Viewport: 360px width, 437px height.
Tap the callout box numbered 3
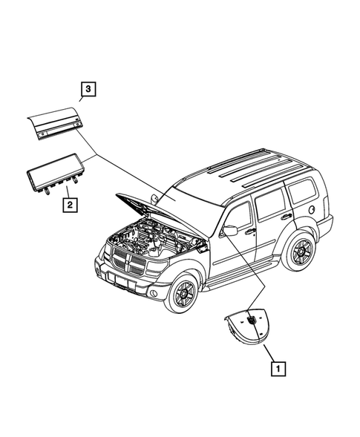(x=88, y=90)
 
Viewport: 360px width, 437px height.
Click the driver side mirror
(x=230, y=231)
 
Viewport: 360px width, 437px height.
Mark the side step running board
(x=245, y=276)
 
